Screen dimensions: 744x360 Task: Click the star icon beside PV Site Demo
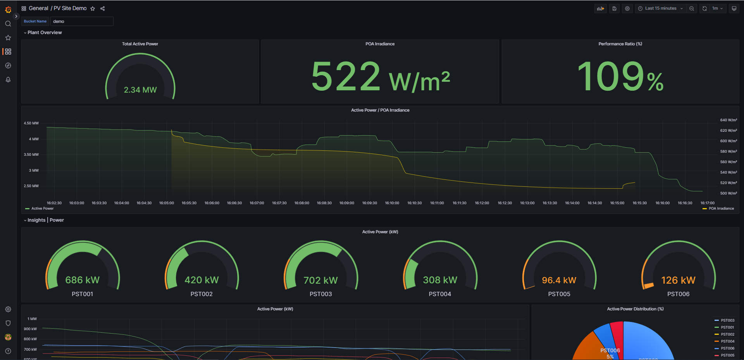[93, 9]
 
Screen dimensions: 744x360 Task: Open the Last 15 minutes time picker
[660, 9]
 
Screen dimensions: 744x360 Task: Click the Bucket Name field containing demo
[82, 21]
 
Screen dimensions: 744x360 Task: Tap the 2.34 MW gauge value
[140, 90]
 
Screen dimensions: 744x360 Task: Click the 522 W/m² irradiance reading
[381, 77]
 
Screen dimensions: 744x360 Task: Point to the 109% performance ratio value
[620, 77]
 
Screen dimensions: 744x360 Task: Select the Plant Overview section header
[45, 33]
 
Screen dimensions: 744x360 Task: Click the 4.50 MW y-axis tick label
[31, 123]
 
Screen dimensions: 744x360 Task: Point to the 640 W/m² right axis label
[728, 120]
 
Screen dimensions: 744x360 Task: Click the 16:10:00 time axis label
[392, 203]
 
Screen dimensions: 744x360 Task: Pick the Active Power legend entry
[40, 208]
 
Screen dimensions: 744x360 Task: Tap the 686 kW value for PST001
[83, 280]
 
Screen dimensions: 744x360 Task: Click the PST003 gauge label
[321, 294]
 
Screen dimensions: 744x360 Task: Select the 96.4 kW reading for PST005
[559, 280]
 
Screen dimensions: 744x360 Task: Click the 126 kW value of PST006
[679, 280]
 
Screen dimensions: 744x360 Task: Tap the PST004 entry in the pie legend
[724, 341]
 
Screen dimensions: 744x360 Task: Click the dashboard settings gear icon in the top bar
[627, 9]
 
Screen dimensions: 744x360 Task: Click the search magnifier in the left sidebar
[8, 24]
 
